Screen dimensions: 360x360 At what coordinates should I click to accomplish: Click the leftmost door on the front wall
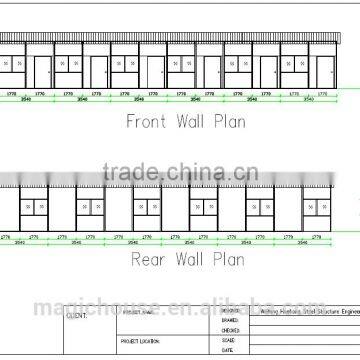(x=41, y=71)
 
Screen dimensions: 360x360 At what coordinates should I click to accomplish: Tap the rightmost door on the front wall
(x=327, y=71)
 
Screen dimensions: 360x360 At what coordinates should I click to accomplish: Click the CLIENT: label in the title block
(x=76, y=314)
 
